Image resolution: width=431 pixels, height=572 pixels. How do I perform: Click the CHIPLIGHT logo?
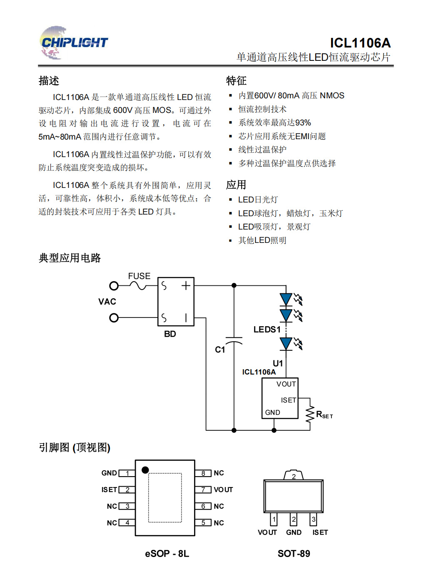pyautogui.click(x=74, y=42)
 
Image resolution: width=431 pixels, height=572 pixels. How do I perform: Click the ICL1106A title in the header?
pyautogui.click(x=360, y=43)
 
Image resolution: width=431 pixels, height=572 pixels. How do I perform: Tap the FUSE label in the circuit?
pyautogui.click(x=139, y=276)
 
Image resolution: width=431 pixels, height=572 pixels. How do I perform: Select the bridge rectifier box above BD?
pyautogui.click(x=176, y=302)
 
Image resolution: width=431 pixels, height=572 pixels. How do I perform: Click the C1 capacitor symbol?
pyautogui.click(x=234, y=340)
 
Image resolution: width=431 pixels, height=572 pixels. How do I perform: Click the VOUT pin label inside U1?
pyautogui.click(x=286, y=384)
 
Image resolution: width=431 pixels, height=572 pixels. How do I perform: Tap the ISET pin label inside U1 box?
pyautogui.click(x=288, y=400)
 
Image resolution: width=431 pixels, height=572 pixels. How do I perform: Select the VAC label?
pyautogui.click(x=107, y=302)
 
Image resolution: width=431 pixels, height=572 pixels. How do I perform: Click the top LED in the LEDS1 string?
pyautogui.click(x=286, y=299)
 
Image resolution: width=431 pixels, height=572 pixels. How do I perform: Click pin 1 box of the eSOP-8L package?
pyautogui.click(x=127, y=473)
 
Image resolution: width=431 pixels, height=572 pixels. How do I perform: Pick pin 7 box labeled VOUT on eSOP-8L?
pyautogui.click(x=203, y=490)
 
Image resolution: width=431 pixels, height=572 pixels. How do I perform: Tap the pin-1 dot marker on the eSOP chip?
pyautogui.click(x=145, y=470)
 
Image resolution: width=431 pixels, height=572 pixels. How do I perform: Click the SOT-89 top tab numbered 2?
pyautogui.click(x=294, y=476)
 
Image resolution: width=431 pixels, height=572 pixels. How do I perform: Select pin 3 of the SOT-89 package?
pyautogui.click(x=314, y=520)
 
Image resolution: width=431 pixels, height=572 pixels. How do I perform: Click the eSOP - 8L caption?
pyautogui.click(x=167, y=554)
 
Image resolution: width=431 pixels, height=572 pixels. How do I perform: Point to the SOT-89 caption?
pyautogui.click(x=294, y=554)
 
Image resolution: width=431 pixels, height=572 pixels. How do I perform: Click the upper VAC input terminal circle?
pyautogui.click(x=114, y=286)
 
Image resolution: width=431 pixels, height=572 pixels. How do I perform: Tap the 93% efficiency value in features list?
pyautogui.click(x=303, y=123)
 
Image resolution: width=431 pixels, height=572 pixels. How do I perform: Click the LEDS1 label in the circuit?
pyautogui.click(x=267, y=330)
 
